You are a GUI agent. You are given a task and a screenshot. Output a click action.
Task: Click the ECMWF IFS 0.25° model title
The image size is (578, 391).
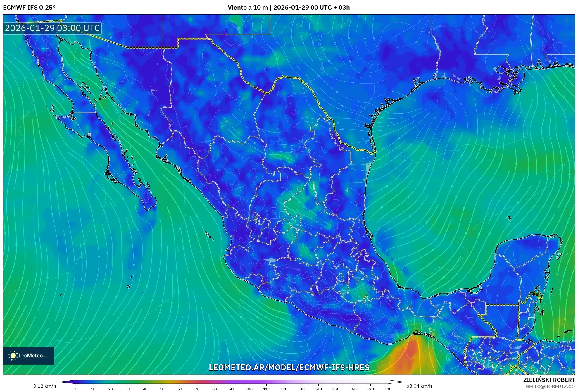click(29, 8)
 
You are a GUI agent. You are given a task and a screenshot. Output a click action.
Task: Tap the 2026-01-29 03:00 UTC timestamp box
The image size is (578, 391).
click(52, 28)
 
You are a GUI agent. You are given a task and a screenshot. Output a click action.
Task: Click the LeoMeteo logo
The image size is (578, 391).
click(29, 356)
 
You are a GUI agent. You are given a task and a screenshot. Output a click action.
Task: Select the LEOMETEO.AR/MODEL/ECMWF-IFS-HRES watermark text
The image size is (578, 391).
click(289, 368)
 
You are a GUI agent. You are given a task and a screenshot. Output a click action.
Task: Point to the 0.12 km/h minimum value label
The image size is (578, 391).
click(44, 386)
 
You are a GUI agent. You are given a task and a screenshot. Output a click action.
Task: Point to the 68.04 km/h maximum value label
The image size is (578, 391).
click(419, 386)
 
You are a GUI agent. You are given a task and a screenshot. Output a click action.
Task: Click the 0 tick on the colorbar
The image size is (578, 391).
click(76, 389)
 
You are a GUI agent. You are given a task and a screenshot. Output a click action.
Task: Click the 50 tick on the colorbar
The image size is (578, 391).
click(162, 389)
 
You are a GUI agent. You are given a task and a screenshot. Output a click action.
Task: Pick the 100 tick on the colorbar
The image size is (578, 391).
click(249, 389)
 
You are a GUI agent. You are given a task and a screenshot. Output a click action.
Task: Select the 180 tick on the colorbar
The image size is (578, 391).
click(388, 389)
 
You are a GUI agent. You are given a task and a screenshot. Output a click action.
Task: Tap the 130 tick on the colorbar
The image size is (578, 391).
click(301, 389)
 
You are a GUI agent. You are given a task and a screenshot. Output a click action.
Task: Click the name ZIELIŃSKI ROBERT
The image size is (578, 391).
click(549, 380)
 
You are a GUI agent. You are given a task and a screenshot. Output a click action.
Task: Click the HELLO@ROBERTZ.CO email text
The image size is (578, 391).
click(550, 387)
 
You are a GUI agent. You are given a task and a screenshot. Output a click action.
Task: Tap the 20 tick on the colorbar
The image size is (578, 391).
click(111, 389)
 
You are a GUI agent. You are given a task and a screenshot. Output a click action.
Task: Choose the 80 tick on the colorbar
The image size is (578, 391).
click(214, 389)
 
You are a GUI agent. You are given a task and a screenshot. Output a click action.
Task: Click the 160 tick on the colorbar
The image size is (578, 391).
click(353, 389)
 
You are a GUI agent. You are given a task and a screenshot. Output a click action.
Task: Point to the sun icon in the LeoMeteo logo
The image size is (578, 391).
click(13, 356)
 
